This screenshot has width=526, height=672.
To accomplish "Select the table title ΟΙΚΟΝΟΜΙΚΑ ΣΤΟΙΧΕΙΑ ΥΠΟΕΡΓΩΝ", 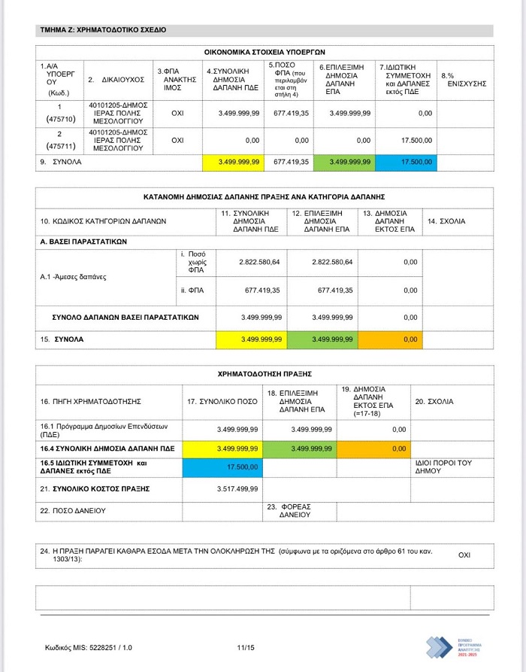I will tap(264, 52).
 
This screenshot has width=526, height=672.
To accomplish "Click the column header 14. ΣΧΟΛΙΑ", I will tap(446, 221).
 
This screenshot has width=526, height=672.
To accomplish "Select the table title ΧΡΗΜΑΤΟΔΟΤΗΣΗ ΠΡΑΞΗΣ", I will tap(264, 372).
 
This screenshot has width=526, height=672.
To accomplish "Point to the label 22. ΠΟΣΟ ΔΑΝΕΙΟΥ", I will tap(73, 510).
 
